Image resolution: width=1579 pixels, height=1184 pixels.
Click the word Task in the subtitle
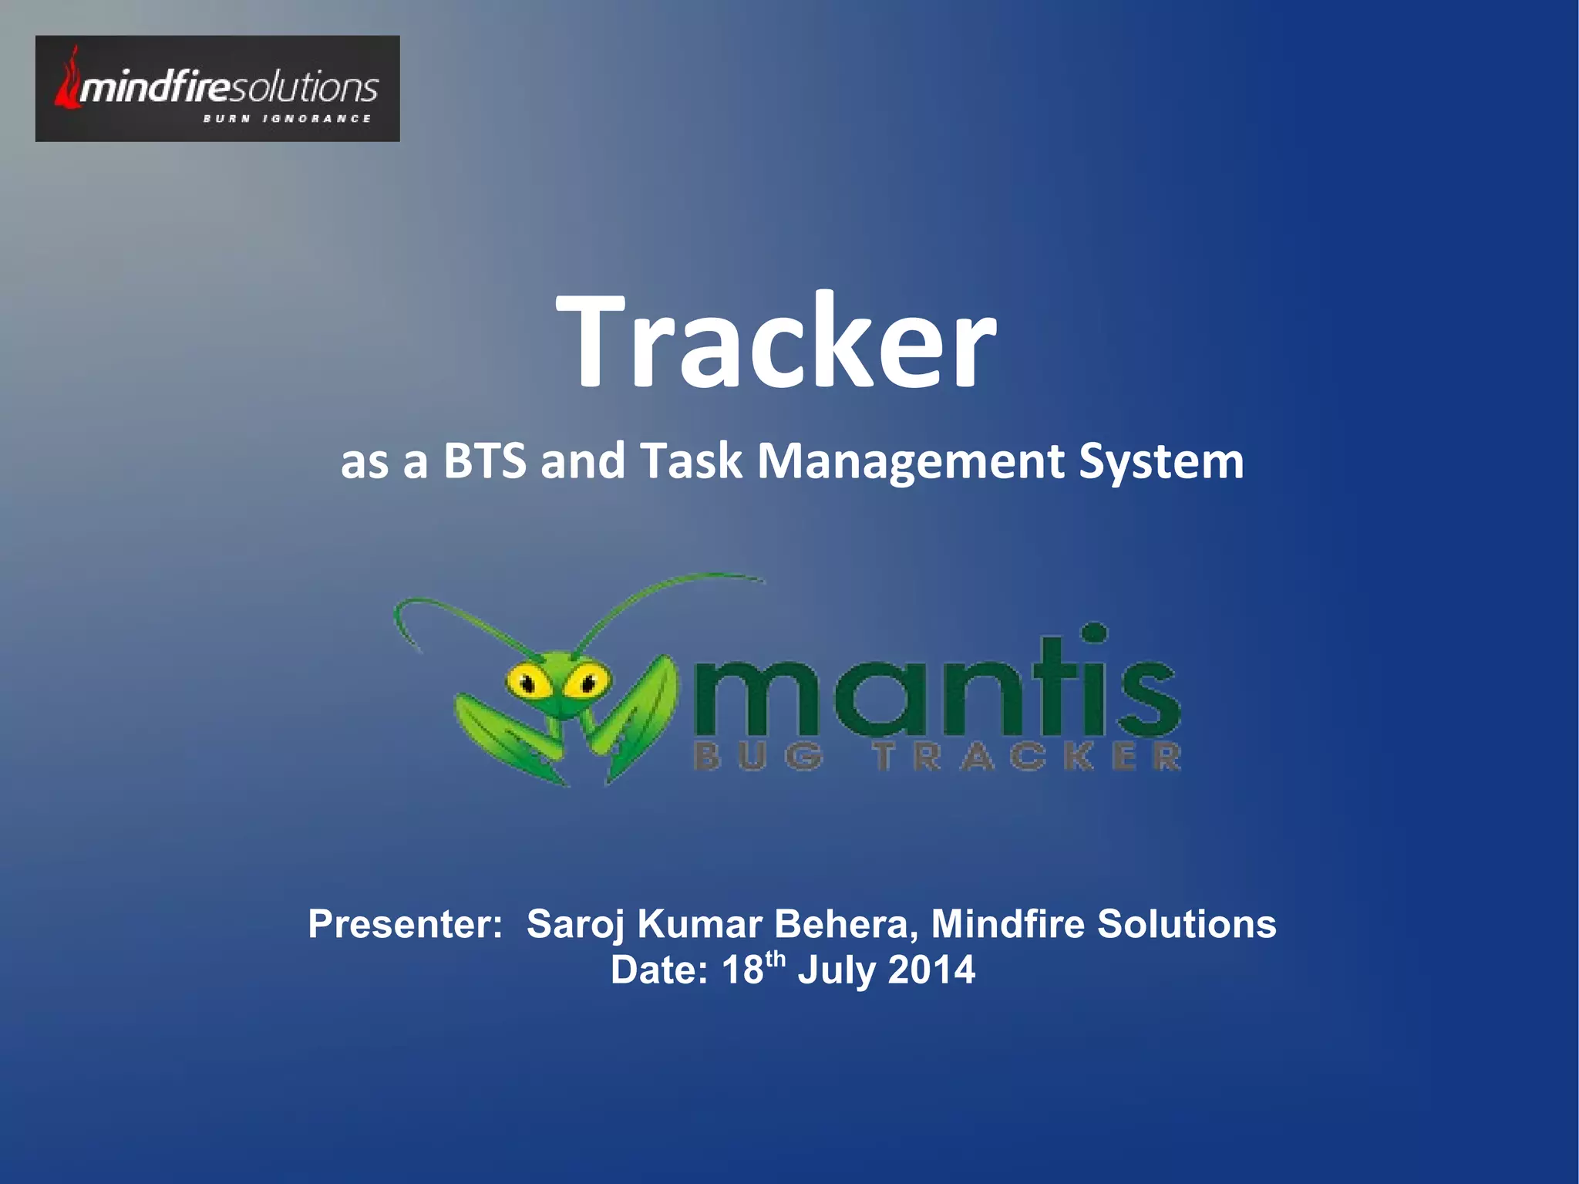pyautogui.click(x=691, y=461)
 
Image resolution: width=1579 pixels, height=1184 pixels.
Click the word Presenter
pyautogui.click(x=405, y=923)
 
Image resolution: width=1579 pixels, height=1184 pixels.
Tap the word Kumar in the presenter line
pyautogui.click(x=700, y=923)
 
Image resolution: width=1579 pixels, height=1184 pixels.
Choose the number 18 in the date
pyautogui.click(x=742, y=970)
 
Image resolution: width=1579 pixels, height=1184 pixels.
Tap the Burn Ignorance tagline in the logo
pyautogui.click(x=287, y=119)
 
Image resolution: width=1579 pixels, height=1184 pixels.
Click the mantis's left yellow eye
pyautogui.click(x=525, y=681)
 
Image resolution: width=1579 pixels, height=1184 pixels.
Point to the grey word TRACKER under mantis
pyautogui.click(x=1027, y=757)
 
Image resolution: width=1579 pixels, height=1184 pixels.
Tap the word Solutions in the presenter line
pyautogui.click(x=1187, y=923)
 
